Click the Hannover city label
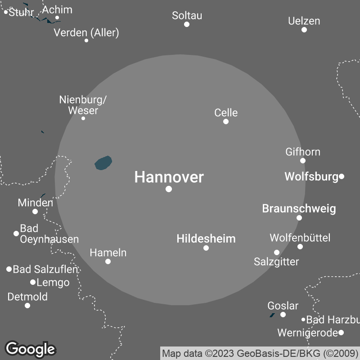point(169,177)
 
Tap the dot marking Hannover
point(169,189)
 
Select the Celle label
point(226,112)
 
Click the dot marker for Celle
point(226,121)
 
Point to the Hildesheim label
point(206,238)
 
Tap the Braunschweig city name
point(299,209)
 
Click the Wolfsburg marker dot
point(342,176)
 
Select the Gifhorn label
point(303,152)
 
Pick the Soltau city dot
point(187,24)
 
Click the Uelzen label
point(304,21)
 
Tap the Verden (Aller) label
point(86,32)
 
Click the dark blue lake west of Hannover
point(103,163)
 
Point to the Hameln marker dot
point(108,261)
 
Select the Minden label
point(35,202)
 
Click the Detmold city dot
point(27,306)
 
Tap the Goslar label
point(283,306)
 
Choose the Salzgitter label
point(276,261)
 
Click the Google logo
point(30,349)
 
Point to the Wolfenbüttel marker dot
point(300,247)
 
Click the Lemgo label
point(53,283)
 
